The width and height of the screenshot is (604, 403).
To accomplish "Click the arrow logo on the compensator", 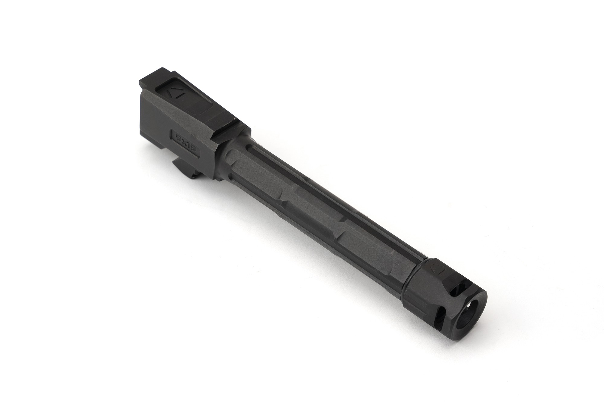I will coord(436,270).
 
